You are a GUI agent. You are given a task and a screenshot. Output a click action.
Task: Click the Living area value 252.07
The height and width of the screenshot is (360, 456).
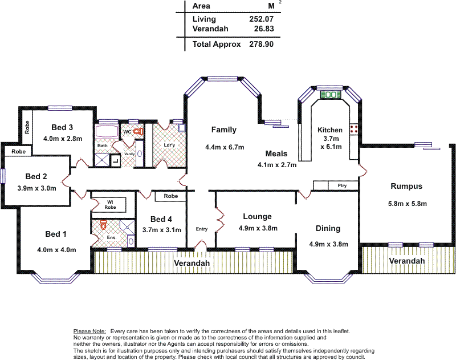(261, 19)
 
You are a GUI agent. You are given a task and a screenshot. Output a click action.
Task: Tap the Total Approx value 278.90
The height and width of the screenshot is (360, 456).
(261, 45)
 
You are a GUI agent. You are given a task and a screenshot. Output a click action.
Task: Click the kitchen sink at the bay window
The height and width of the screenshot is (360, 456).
(330, 95)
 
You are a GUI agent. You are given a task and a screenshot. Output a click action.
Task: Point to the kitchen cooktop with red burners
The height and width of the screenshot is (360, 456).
(353, 129)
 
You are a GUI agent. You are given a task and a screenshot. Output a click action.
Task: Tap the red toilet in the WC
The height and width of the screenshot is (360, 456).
(139, 132)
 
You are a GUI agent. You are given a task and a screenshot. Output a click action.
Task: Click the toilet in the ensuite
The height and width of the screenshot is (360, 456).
(103, 225)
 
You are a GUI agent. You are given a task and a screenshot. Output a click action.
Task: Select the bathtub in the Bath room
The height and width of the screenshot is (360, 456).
(107, 132)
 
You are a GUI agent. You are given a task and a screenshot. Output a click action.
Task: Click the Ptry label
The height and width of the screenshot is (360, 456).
(343, 185)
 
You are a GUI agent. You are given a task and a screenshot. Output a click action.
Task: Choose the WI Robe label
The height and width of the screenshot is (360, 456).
(110, 205)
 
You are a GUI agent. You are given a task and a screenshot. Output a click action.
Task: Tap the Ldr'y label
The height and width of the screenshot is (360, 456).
(169, 145)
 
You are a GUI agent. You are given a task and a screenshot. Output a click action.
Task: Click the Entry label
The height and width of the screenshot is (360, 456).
(202, 229)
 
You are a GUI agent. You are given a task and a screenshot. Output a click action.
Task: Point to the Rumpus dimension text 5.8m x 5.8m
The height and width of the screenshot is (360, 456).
(408, 204)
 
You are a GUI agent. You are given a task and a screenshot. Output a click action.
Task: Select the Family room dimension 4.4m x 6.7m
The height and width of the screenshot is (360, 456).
(225, 147)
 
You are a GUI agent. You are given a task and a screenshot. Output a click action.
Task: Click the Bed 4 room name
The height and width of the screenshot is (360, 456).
(161, 219)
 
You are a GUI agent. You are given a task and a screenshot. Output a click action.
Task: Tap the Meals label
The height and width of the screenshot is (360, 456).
(276, 153)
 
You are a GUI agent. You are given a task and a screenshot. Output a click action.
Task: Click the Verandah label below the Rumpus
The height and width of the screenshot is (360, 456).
(407, 261)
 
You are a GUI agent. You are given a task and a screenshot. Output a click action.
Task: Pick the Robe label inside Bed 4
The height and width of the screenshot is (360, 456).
(170, 196)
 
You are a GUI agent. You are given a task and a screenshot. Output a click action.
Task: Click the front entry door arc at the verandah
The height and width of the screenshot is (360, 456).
(201, 244)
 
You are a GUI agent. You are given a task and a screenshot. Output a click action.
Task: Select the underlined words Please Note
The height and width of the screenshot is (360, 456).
(89, 331)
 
